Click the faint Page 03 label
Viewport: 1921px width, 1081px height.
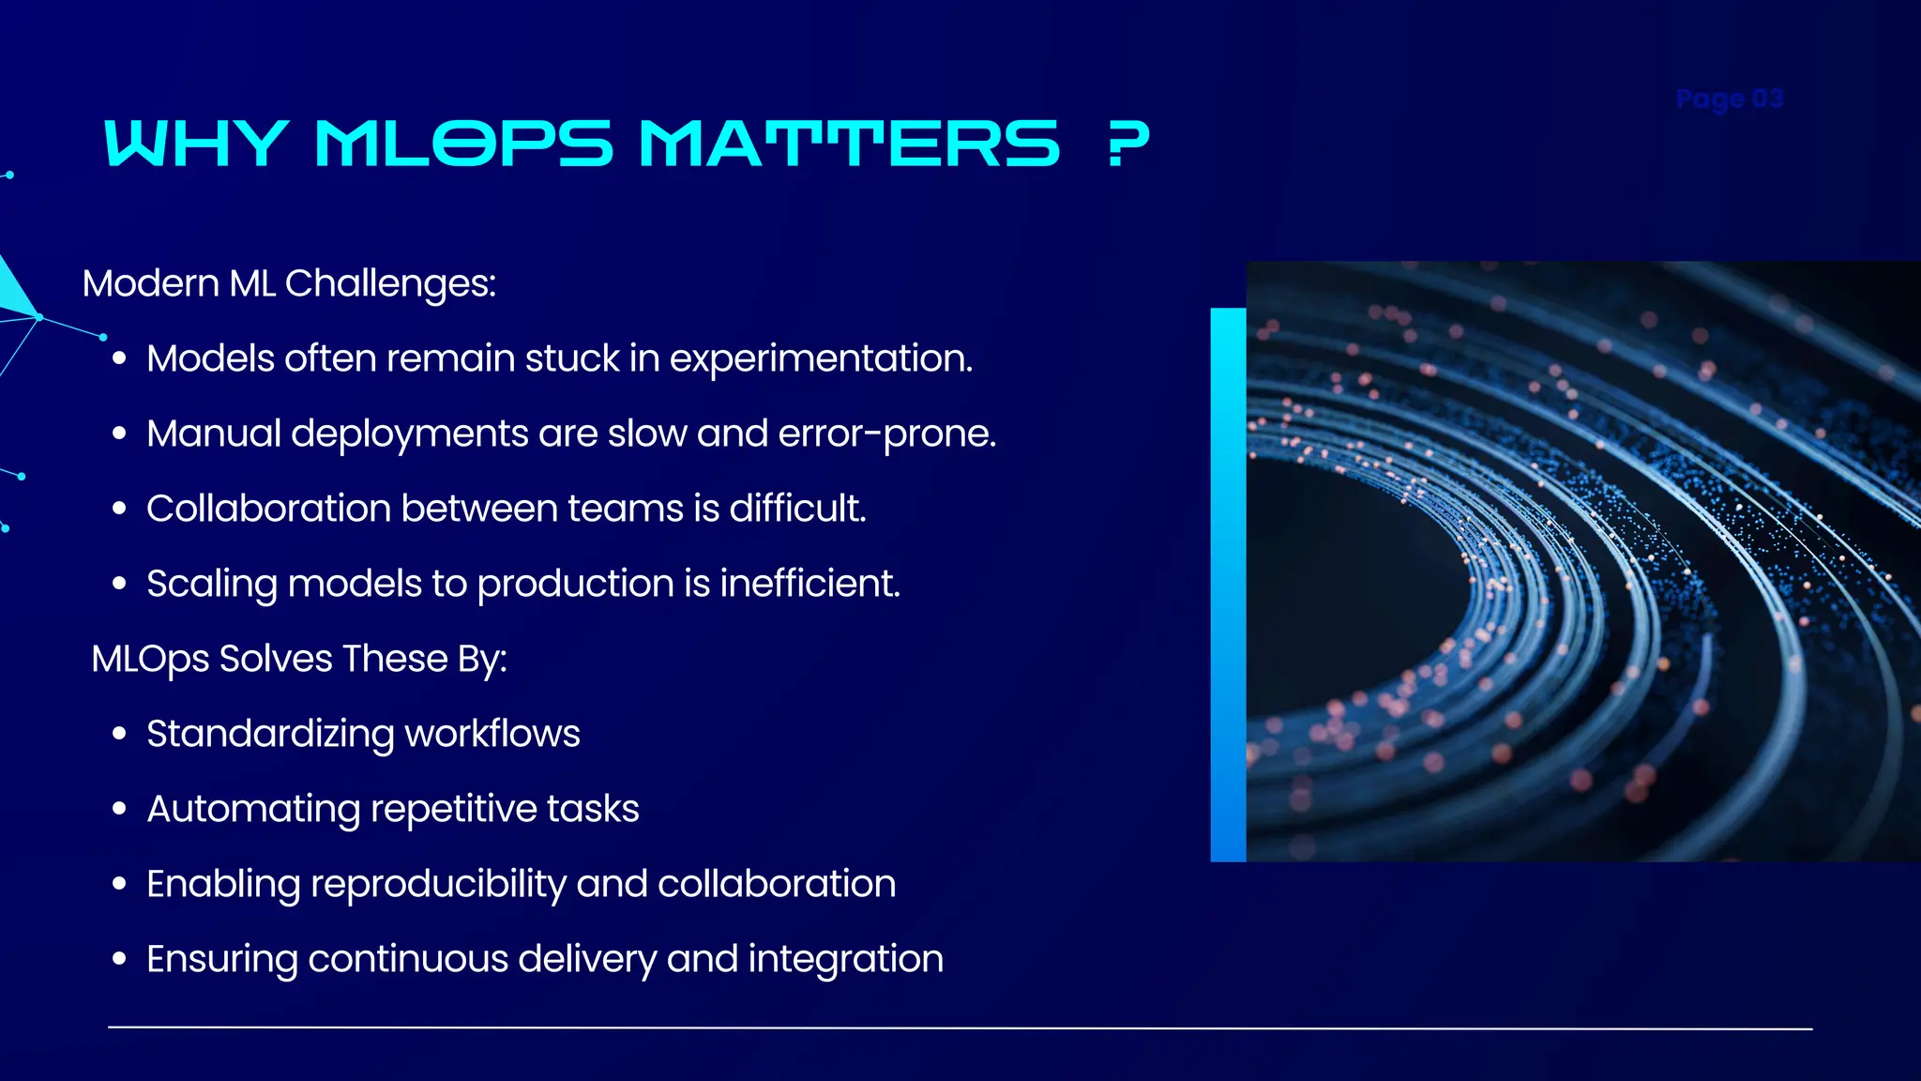pos(1729,99)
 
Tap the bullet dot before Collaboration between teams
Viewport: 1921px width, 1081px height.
pos(119,509)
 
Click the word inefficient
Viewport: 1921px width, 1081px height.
pos(809,584)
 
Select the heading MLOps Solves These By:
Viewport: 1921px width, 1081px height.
pos(299,659)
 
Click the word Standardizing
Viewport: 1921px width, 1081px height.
pos(270,734)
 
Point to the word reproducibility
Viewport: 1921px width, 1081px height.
pos(438,884)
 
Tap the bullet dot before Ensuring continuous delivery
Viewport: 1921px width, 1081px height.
pos(119,959)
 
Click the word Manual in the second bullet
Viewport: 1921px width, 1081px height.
pos(213,434)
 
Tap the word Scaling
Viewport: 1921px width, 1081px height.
pos(211,584)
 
